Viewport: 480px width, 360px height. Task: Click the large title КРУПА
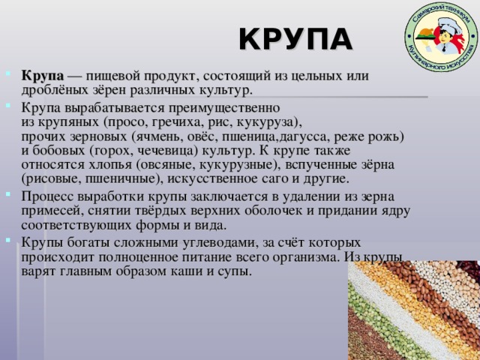tap(295, 39)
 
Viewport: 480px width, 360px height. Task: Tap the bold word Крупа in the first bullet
tap(43, 76)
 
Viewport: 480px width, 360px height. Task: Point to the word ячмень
tap(158, 136)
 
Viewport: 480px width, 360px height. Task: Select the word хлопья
tap(110, 165)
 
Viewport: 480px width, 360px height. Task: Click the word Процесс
tap(47, 196)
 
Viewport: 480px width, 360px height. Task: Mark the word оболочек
tap(273, 211)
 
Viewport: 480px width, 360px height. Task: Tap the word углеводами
tap(218, 243)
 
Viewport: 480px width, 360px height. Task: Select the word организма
tap(307, 257)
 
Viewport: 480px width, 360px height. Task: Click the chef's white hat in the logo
tap(449, 24)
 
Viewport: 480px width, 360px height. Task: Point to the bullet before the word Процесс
tap(8, 194)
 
